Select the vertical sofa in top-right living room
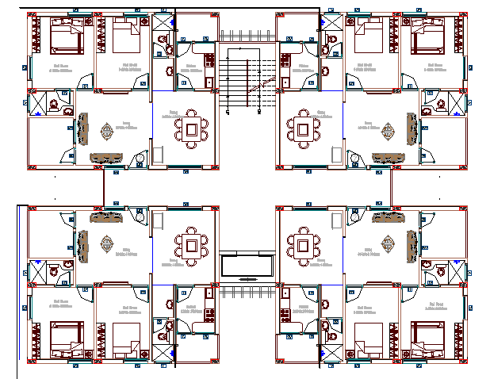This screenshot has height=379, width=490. [x=412, y=129]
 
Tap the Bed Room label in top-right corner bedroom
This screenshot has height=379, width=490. [x=434, y=67]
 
